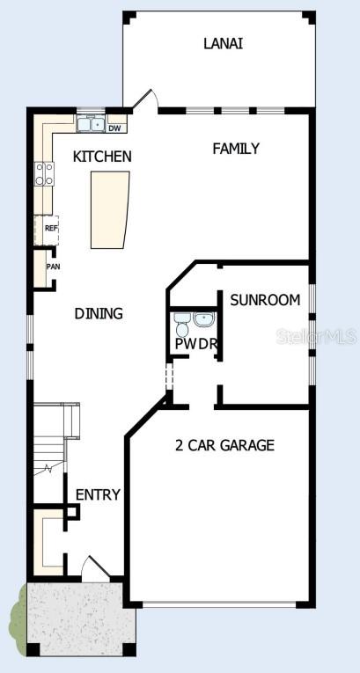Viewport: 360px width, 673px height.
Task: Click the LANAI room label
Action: [x=223, y=43]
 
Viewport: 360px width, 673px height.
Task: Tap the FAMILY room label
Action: [x=236, y=149]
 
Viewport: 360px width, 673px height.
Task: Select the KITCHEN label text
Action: [x=102, y=157]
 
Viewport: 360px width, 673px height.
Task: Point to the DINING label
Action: [x=99, y=314]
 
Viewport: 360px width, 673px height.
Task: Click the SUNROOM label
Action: [x=265, y=300]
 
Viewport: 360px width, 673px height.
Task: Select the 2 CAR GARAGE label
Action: [x=224, y=445]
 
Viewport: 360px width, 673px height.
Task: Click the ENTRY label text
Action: [x=98, y=494]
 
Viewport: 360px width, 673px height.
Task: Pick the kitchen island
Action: [x=110, y=209]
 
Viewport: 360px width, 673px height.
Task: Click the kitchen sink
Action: [x=90, y=124]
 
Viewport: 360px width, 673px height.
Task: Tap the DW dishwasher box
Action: [x=114, y=128]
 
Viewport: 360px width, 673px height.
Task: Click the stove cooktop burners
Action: [x=45, y=174]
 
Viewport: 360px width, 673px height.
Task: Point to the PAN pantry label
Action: [x=54, y=267]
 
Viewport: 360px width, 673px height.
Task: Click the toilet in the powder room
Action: [x=183, y=325]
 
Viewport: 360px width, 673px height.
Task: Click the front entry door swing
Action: [x=96, y=568]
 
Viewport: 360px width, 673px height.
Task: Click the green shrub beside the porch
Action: [x=18, y=615]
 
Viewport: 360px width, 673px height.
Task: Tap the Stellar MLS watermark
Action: [x=316, y=336]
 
